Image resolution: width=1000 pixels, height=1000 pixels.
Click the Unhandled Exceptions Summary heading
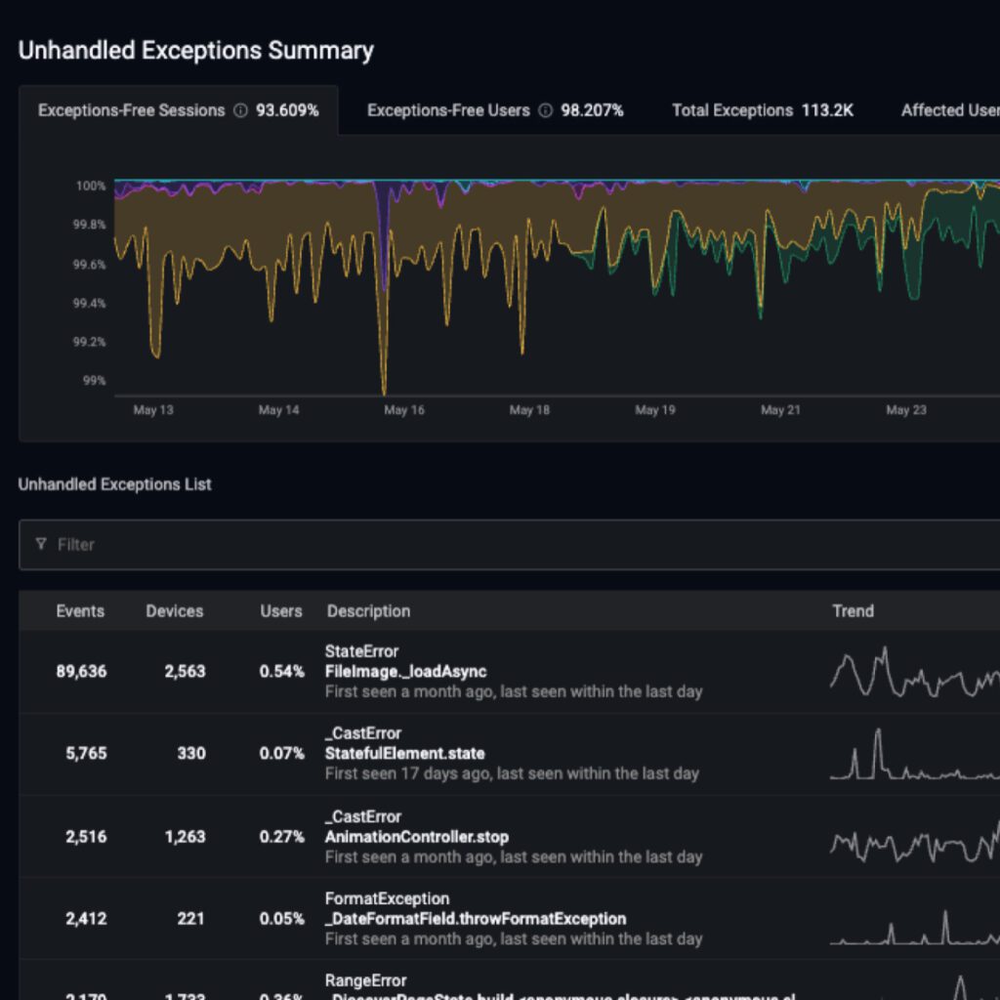(x=195, y=51)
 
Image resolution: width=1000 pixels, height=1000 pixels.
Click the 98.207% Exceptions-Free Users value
(x=592, y=110)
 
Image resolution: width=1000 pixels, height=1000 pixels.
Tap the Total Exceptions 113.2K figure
(x=827, y=110)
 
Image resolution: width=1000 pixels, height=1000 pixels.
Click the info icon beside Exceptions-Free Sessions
(x=240, y=110)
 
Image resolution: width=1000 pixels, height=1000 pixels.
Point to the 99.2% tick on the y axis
(x=91, y=342)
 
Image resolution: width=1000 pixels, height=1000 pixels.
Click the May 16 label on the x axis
(x=403, y=410)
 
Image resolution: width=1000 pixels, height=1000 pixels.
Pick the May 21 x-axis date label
(x=780, y=410)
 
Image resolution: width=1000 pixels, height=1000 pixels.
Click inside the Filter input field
(x=488, y=544)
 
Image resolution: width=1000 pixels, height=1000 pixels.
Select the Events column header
(x=80, y=611)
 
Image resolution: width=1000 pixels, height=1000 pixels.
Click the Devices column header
(x=175, y=611)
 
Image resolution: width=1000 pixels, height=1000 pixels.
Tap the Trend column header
(x=853, y=611)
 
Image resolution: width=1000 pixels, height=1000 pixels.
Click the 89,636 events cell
(x=81, y=671)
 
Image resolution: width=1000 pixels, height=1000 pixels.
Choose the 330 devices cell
(x=190, y=753)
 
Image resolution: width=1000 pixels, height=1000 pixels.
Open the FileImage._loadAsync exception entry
(x=405, y=671)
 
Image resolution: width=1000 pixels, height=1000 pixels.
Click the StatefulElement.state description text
(x=404, y=753)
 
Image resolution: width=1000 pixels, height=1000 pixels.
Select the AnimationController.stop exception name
(x=416, y=837)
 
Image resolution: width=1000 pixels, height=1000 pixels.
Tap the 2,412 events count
(x=86, y=918)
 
